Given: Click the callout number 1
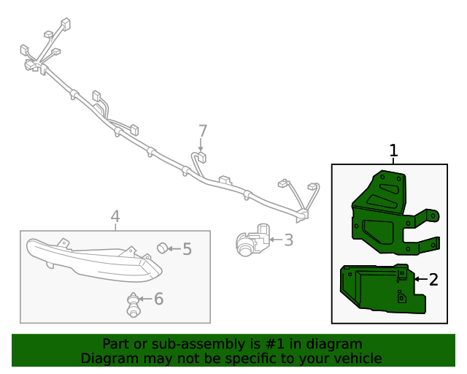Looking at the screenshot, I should tap(393, 151).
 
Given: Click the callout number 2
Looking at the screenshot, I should tap(433, 279).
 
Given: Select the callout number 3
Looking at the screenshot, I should tap(288, 239).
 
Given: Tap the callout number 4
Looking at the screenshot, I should tap(115, 216).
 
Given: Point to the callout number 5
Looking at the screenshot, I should tap(187, 249).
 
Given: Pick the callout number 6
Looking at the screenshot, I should tap(158, 298).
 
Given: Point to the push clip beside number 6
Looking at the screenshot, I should tap(133, 304).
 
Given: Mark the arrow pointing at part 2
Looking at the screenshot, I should tap(420, 279).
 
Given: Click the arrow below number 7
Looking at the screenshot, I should tap(201, 146).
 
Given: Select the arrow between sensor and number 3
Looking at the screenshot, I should tap(274, 239).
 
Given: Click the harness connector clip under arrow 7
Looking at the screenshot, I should tap(201, 157).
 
